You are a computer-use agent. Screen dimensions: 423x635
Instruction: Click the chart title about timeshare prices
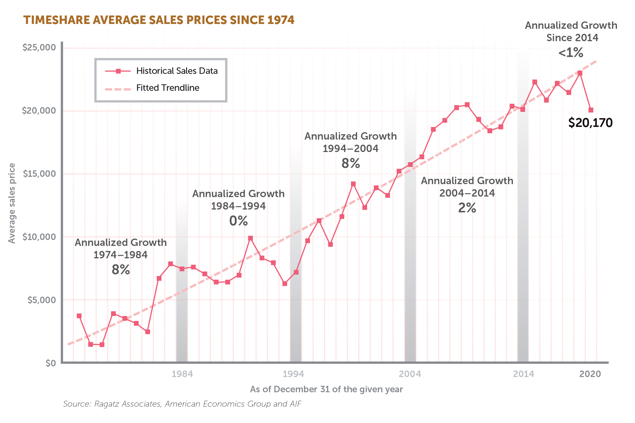click(x=159, y=20)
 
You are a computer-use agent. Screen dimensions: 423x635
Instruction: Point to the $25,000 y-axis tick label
click(x=39, y=47)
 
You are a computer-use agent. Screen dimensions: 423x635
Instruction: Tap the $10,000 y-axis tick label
click(x=39, y=237)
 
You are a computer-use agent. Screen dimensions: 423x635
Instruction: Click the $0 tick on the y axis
click(x=51, y=363)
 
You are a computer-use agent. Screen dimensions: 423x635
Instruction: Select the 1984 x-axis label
click(x=182, y=374)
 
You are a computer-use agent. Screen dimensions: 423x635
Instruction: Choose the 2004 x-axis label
click(x=410, y=374)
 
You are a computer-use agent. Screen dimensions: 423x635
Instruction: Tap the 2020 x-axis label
click(x=590, y=374)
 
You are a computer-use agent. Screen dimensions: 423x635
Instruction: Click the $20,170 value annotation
click(x=590, y=123)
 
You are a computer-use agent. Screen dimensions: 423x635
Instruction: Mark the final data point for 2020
click(x=591, y=110)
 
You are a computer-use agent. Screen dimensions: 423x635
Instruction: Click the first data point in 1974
click(x=79, y=316)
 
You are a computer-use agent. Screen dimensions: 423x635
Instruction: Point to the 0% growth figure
click(x=239, y=221)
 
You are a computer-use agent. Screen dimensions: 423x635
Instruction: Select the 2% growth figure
click(x=467, y=208)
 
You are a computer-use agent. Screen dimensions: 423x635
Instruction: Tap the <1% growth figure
click(x=571, y=52)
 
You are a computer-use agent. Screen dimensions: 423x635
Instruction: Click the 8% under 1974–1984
click(x=121, y=270)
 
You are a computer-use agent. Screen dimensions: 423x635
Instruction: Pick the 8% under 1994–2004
click(x=351, y=163)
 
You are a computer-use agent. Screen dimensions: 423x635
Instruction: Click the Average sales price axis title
click(x=12, y=203)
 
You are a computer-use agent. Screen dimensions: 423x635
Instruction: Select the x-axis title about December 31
click(x=326, y=389)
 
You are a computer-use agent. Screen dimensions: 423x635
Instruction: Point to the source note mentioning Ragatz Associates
click(x=182, y=404)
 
